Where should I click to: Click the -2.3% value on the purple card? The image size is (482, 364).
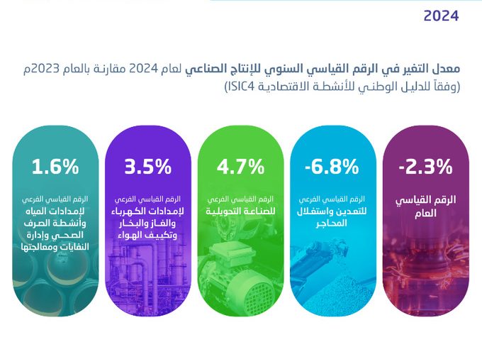pyautogui.click(x=425, y=167)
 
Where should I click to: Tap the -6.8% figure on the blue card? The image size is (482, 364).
pyautogui.click(x=332, y=167)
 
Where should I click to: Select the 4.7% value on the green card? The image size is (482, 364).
pyautogui.click(x=240, y=167)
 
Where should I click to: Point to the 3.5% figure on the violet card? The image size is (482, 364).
pyautogui.click(x=147, y=167)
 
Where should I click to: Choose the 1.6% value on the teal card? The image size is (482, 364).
pyautogui.click(x=55, y=167)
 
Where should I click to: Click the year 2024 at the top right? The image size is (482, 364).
pyautogui.click(x=441, y=16)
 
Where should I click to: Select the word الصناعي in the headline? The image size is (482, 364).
pyautogui.click(x=201, y=69)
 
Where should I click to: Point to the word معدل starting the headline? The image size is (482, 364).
pyautogui.click(x=449, y=68)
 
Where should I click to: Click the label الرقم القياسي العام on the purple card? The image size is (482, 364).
pyautogui.click(x=425, y=206)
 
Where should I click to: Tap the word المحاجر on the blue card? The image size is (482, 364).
pyautogui.click(x=332, y=223)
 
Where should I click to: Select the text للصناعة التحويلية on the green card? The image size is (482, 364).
pyautogui.click(x=240, y=211)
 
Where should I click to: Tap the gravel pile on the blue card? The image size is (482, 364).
pyautogui.click(x=336, y=292)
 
